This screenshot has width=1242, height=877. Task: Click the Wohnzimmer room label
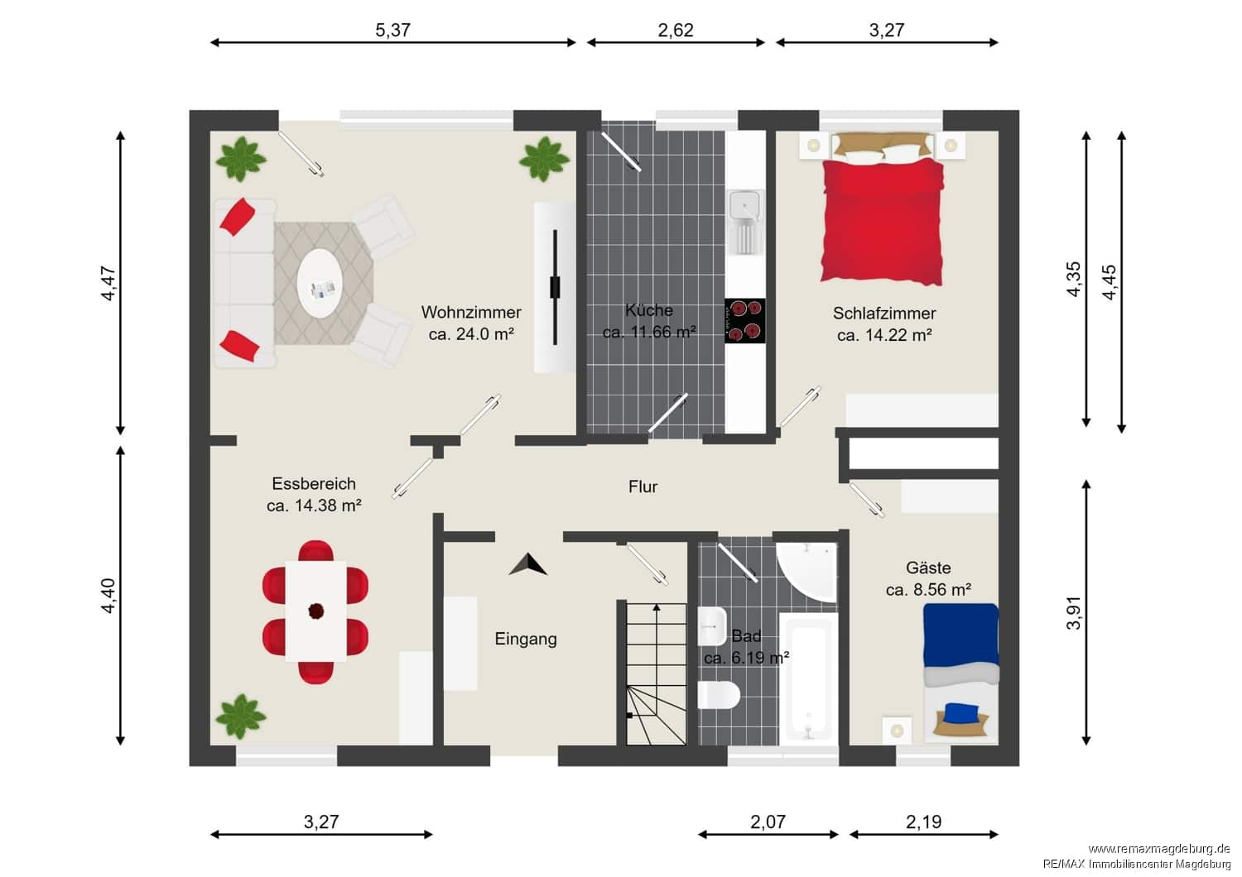tap(471, 313)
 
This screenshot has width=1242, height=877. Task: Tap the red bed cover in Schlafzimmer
tap(882, 222)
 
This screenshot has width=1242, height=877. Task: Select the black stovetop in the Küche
tap(744, 321)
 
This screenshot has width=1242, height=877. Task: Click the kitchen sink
tap(745, 222)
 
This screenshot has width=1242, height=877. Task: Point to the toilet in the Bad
tap(719, 695)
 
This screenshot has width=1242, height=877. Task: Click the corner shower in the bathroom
tap(807, 571)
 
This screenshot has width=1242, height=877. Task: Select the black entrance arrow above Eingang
tap(528, 564)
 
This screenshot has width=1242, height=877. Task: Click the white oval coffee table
tap(320, 283)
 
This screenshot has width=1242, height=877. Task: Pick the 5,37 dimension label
tap(392, 30)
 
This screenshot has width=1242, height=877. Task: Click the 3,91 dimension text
tap(1073, 613)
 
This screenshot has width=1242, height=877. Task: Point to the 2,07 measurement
tap(768, 822)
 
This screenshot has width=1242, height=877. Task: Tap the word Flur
tap(643, 486)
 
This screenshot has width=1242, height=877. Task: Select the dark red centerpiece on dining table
tap(316, 611)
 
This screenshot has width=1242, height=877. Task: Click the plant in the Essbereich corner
tap(241, 716)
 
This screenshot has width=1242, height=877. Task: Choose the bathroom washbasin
tap(712, 626)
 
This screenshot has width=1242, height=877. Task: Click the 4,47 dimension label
tap(108, 283)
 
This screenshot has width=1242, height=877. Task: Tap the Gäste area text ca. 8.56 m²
tap(928, 589)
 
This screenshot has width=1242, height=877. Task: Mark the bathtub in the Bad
tap(808, 679)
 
